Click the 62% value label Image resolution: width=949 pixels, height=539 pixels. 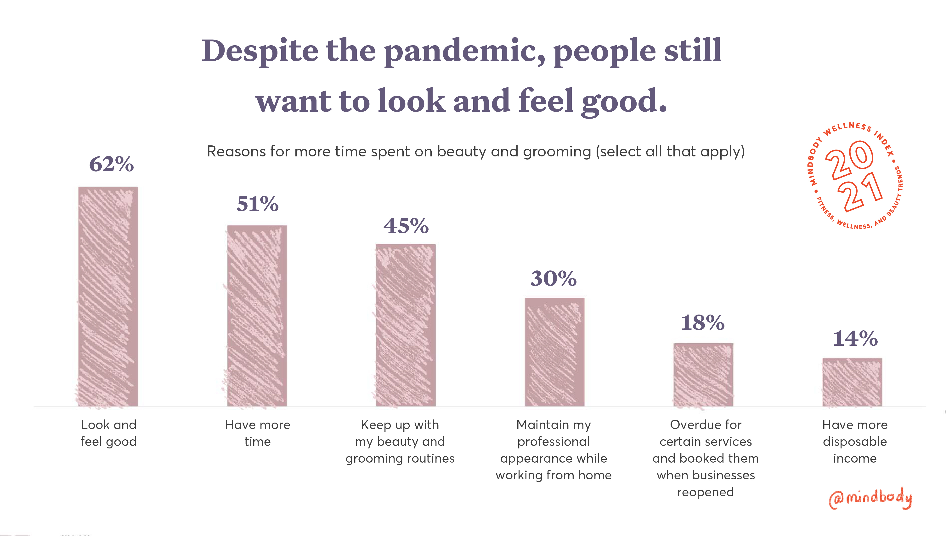point(111,164)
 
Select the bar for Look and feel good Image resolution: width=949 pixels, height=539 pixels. point(108,296)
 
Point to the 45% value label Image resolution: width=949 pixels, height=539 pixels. point(406,226)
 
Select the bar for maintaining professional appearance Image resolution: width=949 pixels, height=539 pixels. point(554,352)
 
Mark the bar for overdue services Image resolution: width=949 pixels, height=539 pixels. point(703,375)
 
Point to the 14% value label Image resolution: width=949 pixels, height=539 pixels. point(855,338)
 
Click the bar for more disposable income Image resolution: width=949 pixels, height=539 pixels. point(852,382)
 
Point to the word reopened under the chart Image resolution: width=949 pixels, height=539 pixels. point(705,492)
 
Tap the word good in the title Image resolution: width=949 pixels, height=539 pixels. point(624,101)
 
